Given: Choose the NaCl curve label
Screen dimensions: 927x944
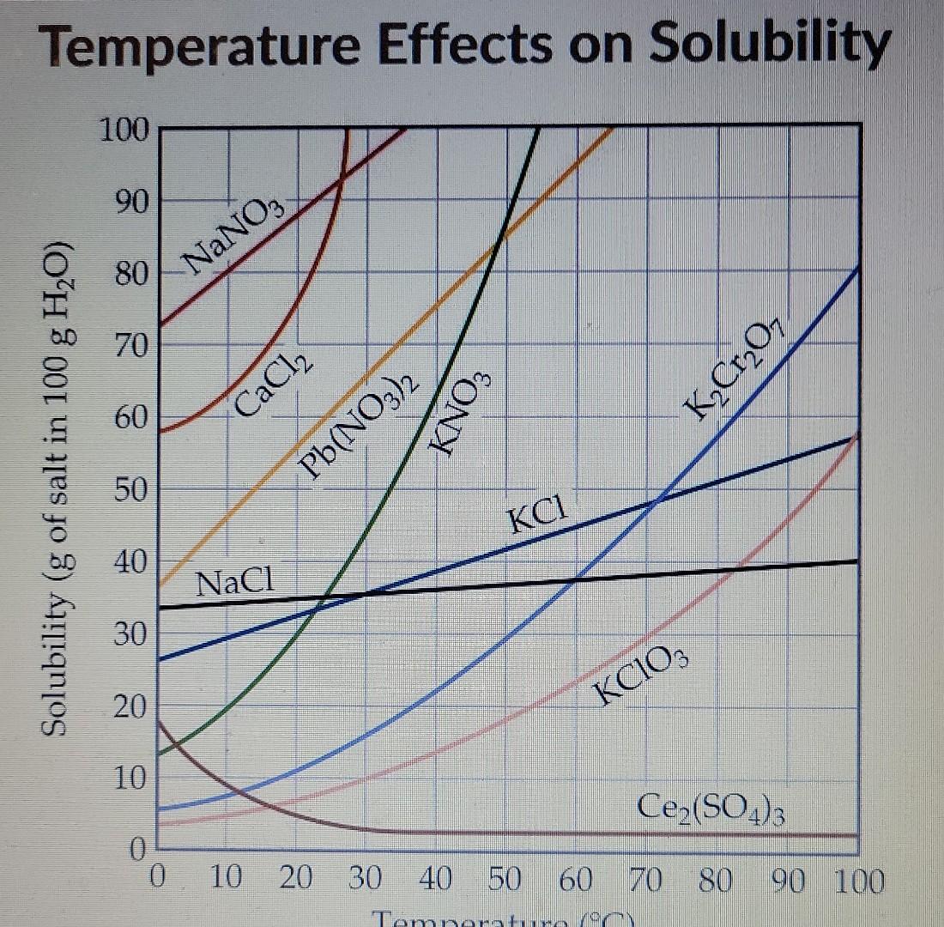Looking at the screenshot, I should (234, 584).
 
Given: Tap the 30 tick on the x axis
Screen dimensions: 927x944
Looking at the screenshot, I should (366, 880).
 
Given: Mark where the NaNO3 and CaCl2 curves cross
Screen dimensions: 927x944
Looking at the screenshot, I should (341, 179).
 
